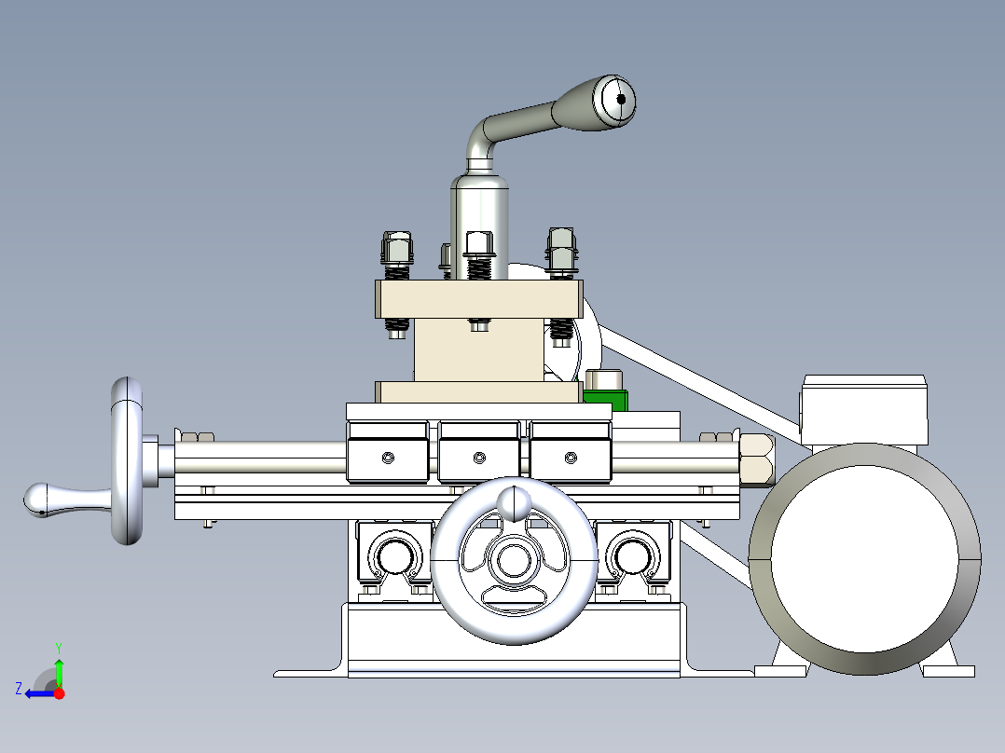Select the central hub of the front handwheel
(x=512, y=561)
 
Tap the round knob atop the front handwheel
(x=512, y=502)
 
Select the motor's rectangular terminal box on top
(x=864, y=409)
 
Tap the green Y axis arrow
(x=59, y=669)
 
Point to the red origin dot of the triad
(x=60, y=693)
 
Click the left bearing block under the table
(x=393, y=556)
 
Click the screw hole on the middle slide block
(x=479, y=457)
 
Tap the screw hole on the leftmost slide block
(x=388, y=457)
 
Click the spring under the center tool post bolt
(x=478, y=267)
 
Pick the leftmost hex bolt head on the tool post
(x=395, y=248)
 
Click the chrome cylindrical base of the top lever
(x=479, y=214)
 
